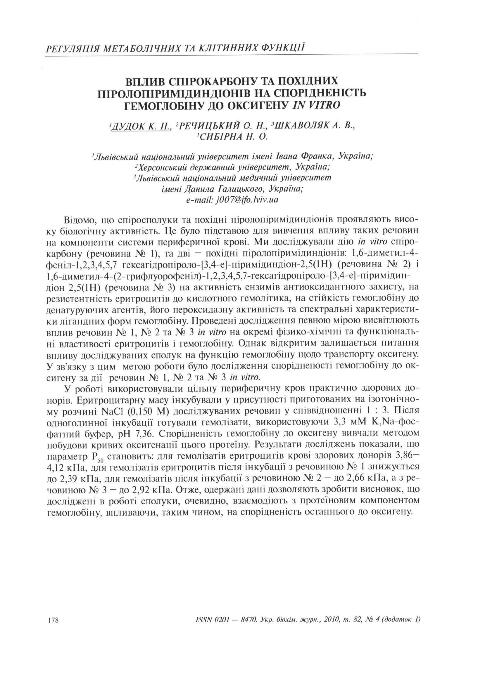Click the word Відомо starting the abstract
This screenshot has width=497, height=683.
coord(79,220)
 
